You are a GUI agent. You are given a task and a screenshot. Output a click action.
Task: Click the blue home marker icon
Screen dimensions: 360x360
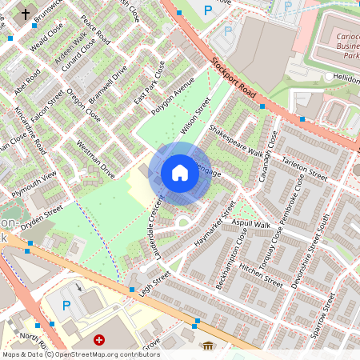coord(180,173)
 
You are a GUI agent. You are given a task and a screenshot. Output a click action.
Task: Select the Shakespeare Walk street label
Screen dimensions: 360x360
coord(235,139)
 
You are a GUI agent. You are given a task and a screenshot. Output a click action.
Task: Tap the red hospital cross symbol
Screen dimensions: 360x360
coord(99,341)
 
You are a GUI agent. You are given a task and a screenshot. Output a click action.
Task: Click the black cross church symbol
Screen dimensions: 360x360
coord(25,14)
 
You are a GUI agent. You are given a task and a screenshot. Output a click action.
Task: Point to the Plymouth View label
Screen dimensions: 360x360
coord(34,184)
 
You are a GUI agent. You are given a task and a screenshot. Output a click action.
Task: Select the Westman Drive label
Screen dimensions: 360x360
coord(95,159)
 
